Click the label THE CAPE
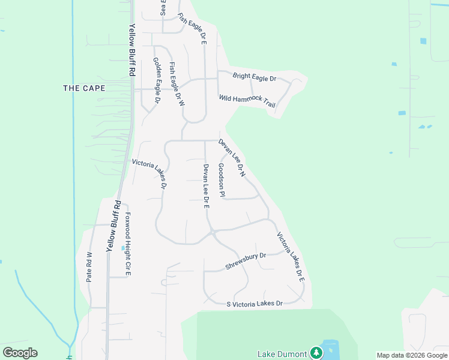pos(84,88)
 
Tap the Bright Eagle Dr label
pos(254,77)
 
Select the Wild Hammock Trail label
pos(247,101)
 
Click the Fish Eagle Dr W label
pos(177,85)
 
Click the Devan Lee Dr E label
pos(205,185)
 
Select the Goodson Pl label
pos(221,180)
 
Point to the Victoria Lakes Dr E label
pos(291,257)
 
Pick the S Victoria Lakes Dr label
pos(254,304)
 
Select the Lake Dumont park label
pos(282,353)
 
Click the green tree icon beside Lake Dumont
pos(316,352)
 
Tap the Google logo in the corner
pos(20,353)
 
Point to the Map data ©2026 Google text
pos(412,355)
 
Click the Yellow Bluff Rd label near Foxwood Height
pos(114,225)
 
